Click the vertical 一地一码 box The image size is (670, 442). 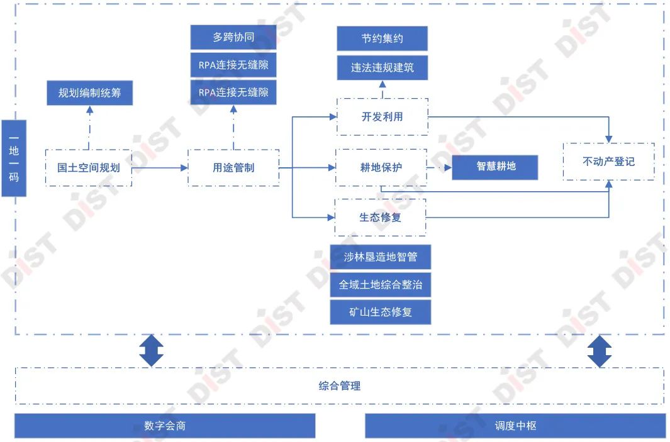(x=14, y=158)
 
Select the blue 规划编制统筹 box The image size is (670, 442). (x=89, y=93)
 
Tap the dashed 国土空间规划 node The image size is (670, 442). (x=89, y=168)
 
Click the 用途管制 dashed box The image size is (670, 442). (x=233, y=168)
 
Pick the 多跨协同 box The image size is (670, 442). (x=233, y=38)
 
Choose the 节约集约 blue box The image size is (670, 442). (x=382, y=38)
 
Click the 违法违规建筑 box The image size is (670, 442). (x=382, y=67)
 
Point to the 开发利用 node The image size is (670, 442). (x=382, y=116)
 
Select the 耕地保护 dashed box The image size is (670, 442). (x=381, y=167)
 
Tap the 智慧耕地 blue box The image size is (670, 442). (x=495, y=167)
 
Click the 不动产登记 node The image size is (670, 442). (x=608, y=162)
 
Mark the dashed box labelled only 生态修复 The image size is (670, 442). (x=381, y=218)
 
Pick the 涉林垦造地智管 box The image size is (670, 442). (x=381, y=257)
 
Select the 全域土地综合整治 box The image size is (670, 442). (x=381, y=284)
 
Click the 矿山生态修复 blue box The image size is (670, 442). (x=381, y=312)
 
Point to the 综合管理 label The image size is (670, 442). (x=340, y=385)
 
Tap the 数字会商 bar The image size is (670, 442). (x=165, y=426)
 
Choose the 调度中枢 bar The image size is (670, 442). (x=515, y=426)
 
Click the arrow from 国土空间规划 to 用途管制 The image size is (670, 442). (x=160, y=168)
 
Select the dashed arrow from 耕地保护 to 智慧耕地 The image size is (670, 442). (x=439, y=168)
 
